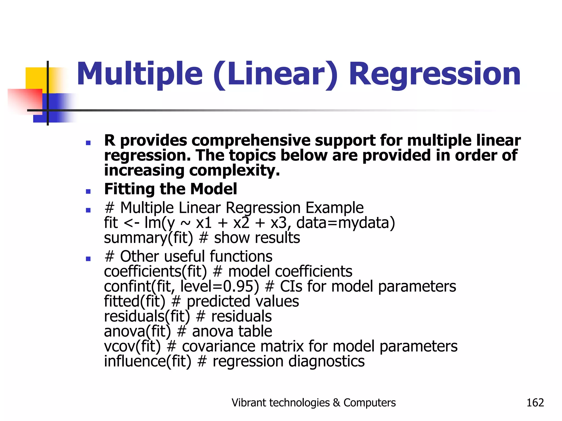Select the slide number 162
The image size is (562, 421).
[x=535, y=403]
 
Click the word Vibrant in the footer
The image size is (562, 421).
[x=248, y=403]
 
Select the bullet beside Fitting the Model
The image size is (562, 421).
[x=88, y=191]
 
